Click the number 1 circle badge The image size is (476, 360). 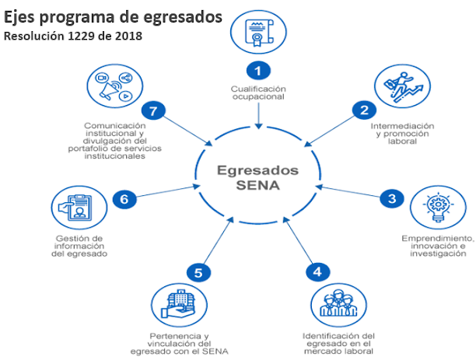coord(258,70)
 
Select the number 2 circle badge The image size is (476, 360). coord(363,110)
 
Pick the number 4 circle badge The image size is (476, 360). coord(316,271)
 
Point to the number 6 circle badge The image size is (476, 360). coord(124,199)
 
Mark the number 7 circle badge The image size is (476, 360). coord(154,110)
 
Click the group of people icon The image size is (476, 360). coord(337,305)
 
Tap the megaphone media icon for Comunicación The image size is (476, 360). coord(114,87)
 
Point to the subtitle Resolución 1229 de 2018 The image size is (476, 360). coord(73,37)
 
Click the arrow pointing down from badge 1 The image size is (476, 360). coord(258,114)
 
